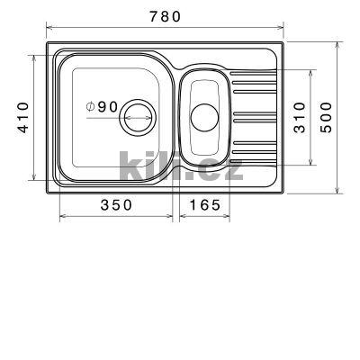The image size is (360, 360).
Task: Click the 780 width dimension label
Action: [x=165, y=16]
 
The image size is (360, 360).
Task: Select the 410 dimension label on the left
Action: [x=24, y=117]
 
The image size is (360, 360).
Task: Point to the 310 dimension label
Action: [x=301, y=117]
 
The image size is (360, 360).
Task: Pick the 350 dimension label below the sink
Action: [x=116, y=205]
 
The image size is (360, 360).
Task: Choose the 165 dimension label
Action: [x=204, y=205]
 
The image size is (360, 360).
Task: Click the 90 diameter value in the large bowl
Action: [x=108, y=106]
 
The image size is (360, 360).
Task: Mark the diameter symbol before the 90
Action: [x=91, y=106]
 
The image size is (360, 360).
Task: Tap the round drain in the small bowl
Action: [x=204, y=117]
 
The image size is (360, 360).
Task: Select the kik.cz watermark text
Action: [x=180, y=166]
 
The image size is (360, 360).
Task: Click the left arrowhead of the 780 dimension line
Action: [x=47, y=30]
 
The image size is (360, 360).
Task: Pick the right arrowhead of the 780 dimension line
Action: [x=283, y=30]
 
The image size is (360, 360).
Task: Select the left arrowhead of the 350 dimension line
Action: [x=62, y=217]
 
